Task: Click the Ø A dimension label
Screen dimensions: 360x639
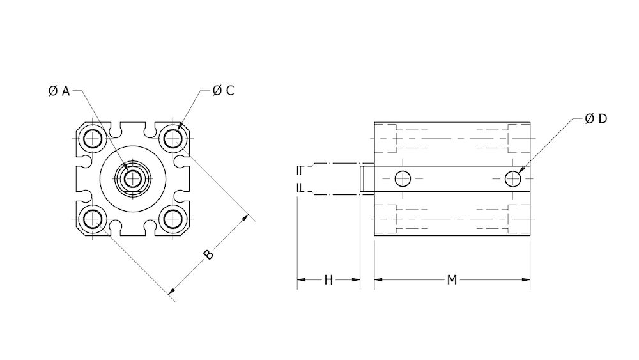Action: point(58,91)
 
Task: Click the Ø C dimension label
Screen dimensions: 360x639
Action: point(224,91)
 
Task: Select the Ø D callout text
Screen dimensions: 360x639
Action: point(596,120)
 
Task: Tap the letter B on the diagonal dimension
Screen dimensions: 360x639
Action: point(208,254)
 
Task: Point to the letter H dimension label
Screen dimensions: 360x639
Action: point(328,280)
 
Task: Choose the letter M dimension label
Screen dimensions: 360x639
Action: point(452,280)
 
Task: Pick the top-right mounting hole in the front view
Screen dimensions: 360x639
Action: point(171,137)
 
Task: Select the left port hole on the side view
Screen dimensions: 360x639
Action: point(403,178)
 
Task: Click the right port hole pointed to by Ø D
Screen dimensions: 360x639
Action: point(513,178)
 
